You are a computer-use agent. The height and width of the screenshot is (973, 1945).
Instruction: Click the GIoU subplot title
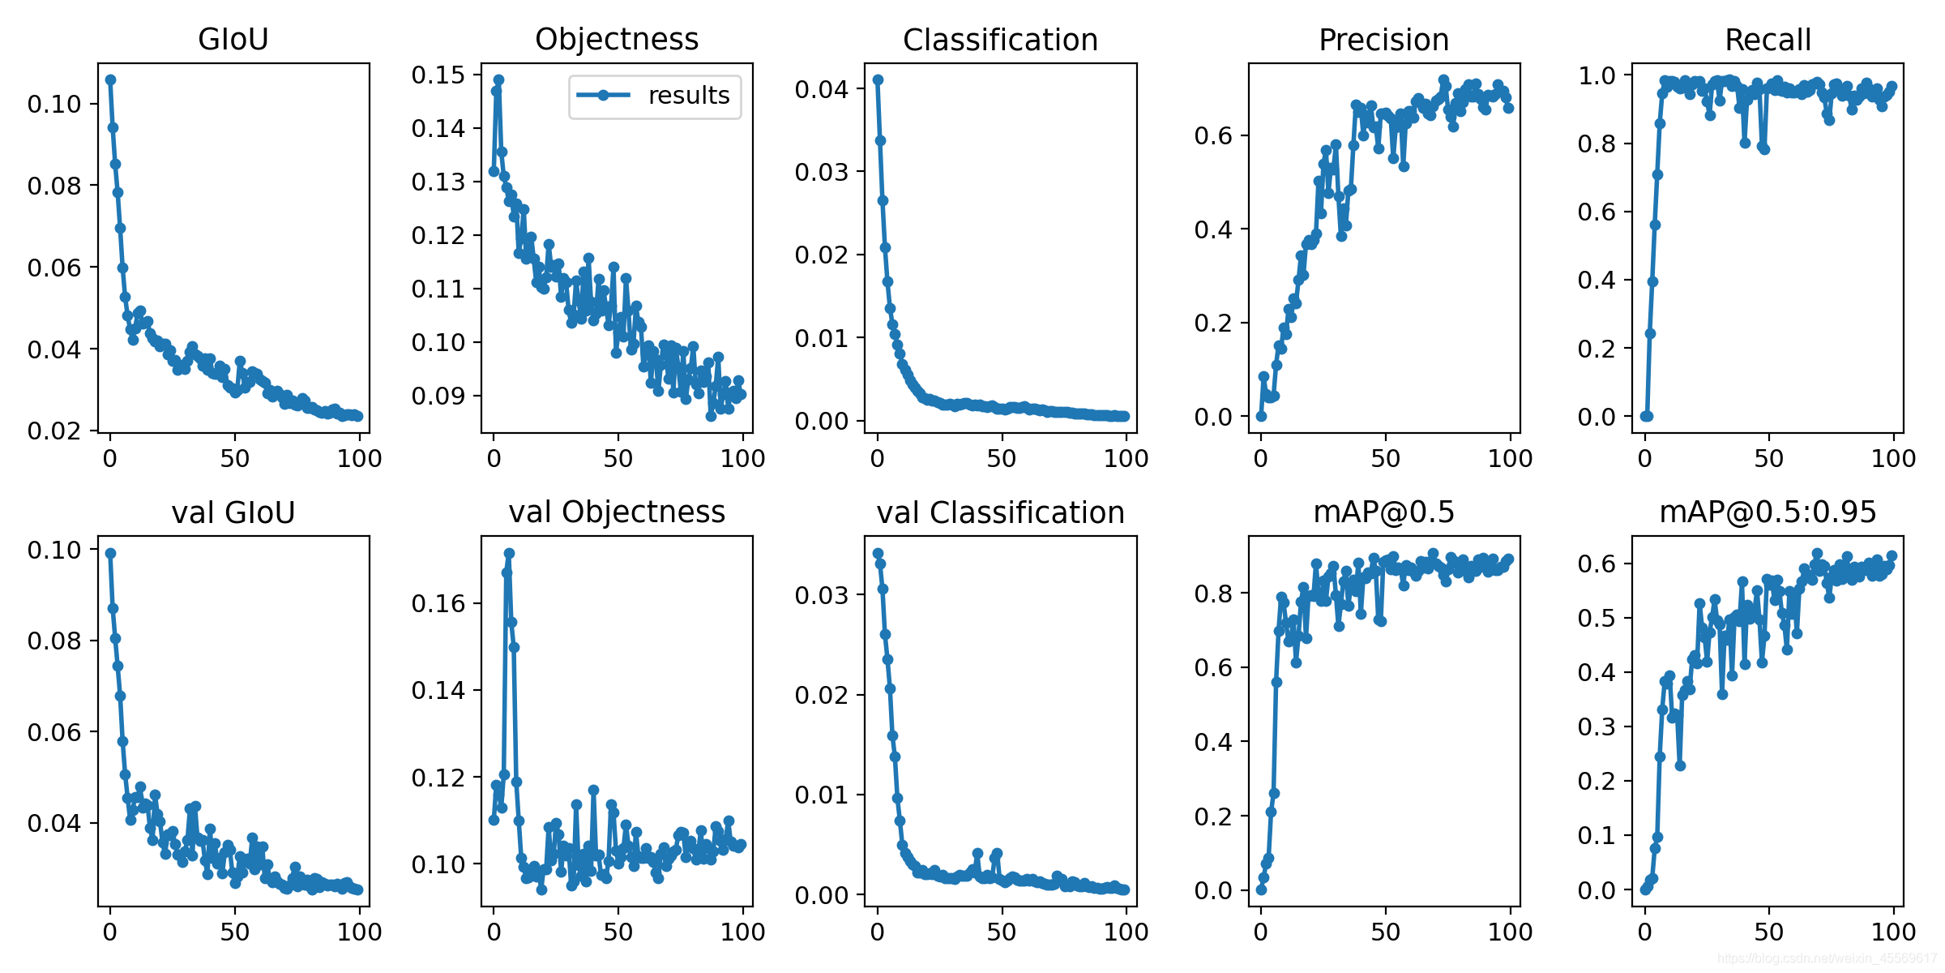233,39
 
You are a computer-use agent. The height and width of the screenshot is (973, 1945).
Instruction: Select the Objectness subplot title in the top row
617,39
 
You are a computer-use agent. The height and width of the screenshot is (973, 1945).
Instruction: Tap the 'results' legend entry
655,96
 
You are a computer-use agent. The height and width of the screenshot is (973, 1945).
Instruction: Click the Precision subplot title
1383,40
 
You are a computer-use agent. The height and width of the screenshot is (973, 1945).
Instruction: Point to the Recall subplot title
1768,40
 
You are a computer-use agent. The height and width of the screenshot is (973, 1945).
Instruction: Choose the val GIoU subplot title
233,512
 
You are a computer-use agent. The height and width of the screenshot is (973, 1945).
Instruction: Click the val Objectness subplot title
617,512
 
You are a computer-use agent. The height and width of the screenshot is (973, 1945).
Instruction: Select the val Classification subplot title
1000,512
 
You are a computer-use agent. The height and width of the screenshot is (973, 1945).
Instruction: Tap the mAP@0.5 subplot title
1383,512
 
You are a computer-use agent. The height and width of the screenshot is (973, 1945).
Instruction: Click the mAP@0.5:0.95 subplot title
1768,512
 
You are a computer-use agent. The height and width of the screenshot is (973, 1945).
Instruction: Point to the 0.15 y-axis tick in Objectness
438,75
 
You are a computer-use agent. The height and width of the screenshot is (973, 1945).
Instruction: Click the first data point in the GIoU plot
110,79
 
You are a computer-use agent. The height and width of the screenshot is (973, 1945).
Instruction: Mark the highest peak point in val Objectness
509,553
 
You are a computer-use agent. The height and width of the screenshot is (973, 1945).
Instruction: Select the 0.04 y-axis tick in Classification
822,89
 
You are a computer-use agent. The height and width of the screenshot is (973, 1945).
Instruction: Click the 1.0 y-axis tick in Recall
1597,75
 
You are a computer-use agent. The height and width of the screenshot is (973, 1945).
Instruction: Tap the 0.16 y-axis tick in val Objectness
438,603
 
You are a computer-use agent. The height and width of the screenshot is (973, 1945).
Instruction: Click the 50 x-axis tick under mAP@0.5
1385,932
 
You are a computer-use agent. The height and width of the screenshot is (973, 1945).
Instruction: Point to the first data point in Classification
878,79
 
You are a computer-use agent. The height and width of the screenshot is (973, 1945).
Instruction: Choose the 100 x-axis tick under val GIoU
359,932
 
